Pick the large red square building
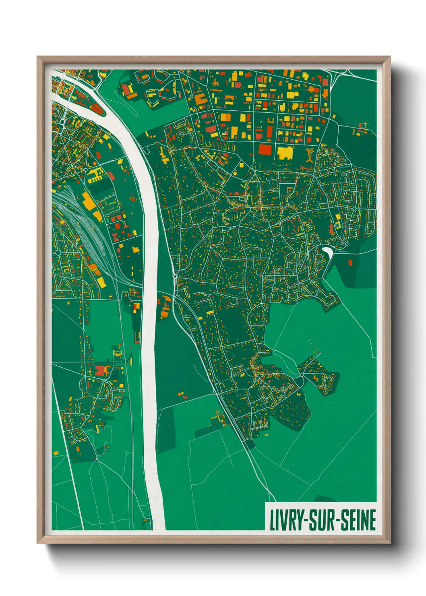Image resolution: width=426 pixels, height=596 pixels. point(265,149)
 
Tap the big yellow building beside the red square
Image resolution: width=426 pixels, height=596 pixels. point(285,153)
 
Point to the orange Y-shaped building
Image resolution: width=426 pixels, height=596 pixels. point(309,155)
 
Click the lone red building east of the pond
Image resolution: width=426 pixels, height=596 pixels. point(350,263)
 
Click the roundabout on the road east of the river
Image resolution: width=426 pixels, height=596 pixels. point(175,276)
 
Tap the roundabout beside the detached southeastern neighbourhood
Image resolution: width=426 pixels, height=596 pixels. point(302,376)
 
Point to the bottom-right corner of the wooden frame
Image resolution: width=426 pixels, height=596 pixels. point(390,543)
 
